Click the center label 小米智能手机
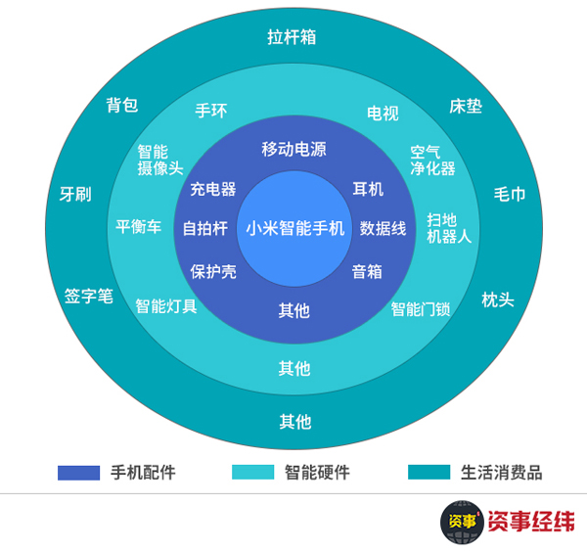[x=295, y=228]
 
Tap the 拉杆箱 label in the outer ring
[x=292, y=37]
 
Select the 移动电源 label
[x=293, y=149]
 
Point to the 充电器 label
[x=213, y=189]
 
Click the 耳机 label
[x=368, y=189]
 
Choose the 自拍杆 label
[x=205, y=228]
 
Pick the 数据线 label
[x=383, y=228]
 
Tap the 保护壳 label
[x=213, y=271]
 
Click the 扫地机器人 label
[x=449, y=228]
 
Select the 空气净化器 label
[x=432, y=161]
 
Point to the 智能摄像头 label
[x=160, y=160]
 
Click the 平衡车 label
[x=139, y=227]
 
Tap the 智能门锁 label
[x=421, y=309]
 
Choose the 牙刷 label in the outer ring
[x=75, y=195]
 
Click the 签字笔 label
[x=89, y=297]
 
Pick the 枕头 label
[x=498, y=299]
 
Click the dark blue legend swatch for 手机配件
[x=78, y=473]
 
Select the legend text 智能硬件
[x=317, y=473]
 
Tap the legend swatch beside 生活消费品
[x=429, y=473]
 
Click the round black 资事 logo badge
[x=463, y=522]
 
